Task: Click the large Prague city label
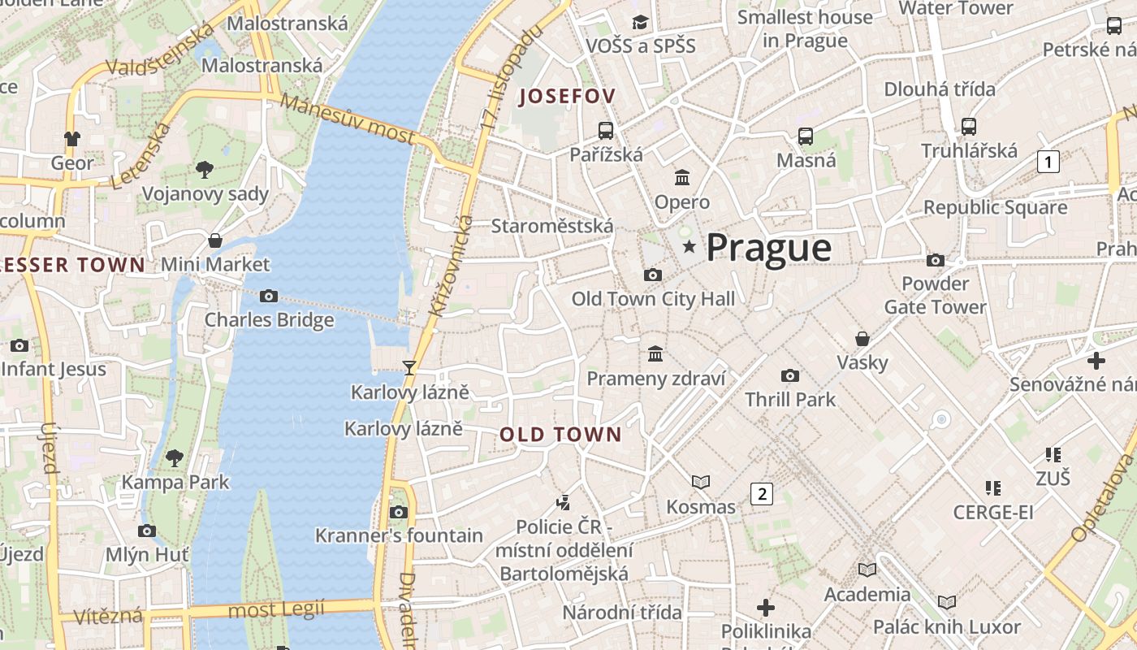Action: (x=768, y=248)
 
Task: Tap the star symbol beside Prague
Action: (x=690, y=246)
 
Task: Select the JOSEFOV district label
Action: (x=567, y=96)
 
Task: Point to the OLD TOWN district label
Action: (x=560, y=435)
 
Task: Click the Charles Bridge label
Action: (x=269, y=319)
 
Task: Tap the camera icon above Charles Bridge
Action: (x=269, y=297)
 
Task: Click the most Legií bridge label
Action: (x=276, y=609)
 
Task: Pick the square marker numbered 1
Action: (x=1048, y=162)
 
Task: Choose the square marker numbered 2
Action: (x=761, y=493)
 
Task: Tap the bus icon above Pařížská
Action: (x=606, y=130)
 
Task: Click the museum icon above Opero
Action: (x=682, y=177)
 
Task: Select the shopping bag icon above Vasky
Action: (x=862, y=338)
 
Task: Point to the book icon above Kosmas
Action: (x=700, y=483)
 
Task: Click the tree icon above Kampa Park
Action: (x=175, y=458)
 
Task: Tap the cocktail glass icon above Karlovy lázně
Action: (x=409, y=368)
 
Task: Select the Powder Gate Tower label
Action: (x=936, y=296)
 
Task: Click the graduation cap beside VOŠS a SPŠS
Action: (x=640, y=22)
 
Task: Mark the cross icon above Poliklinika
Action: (x=765, y=608)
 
